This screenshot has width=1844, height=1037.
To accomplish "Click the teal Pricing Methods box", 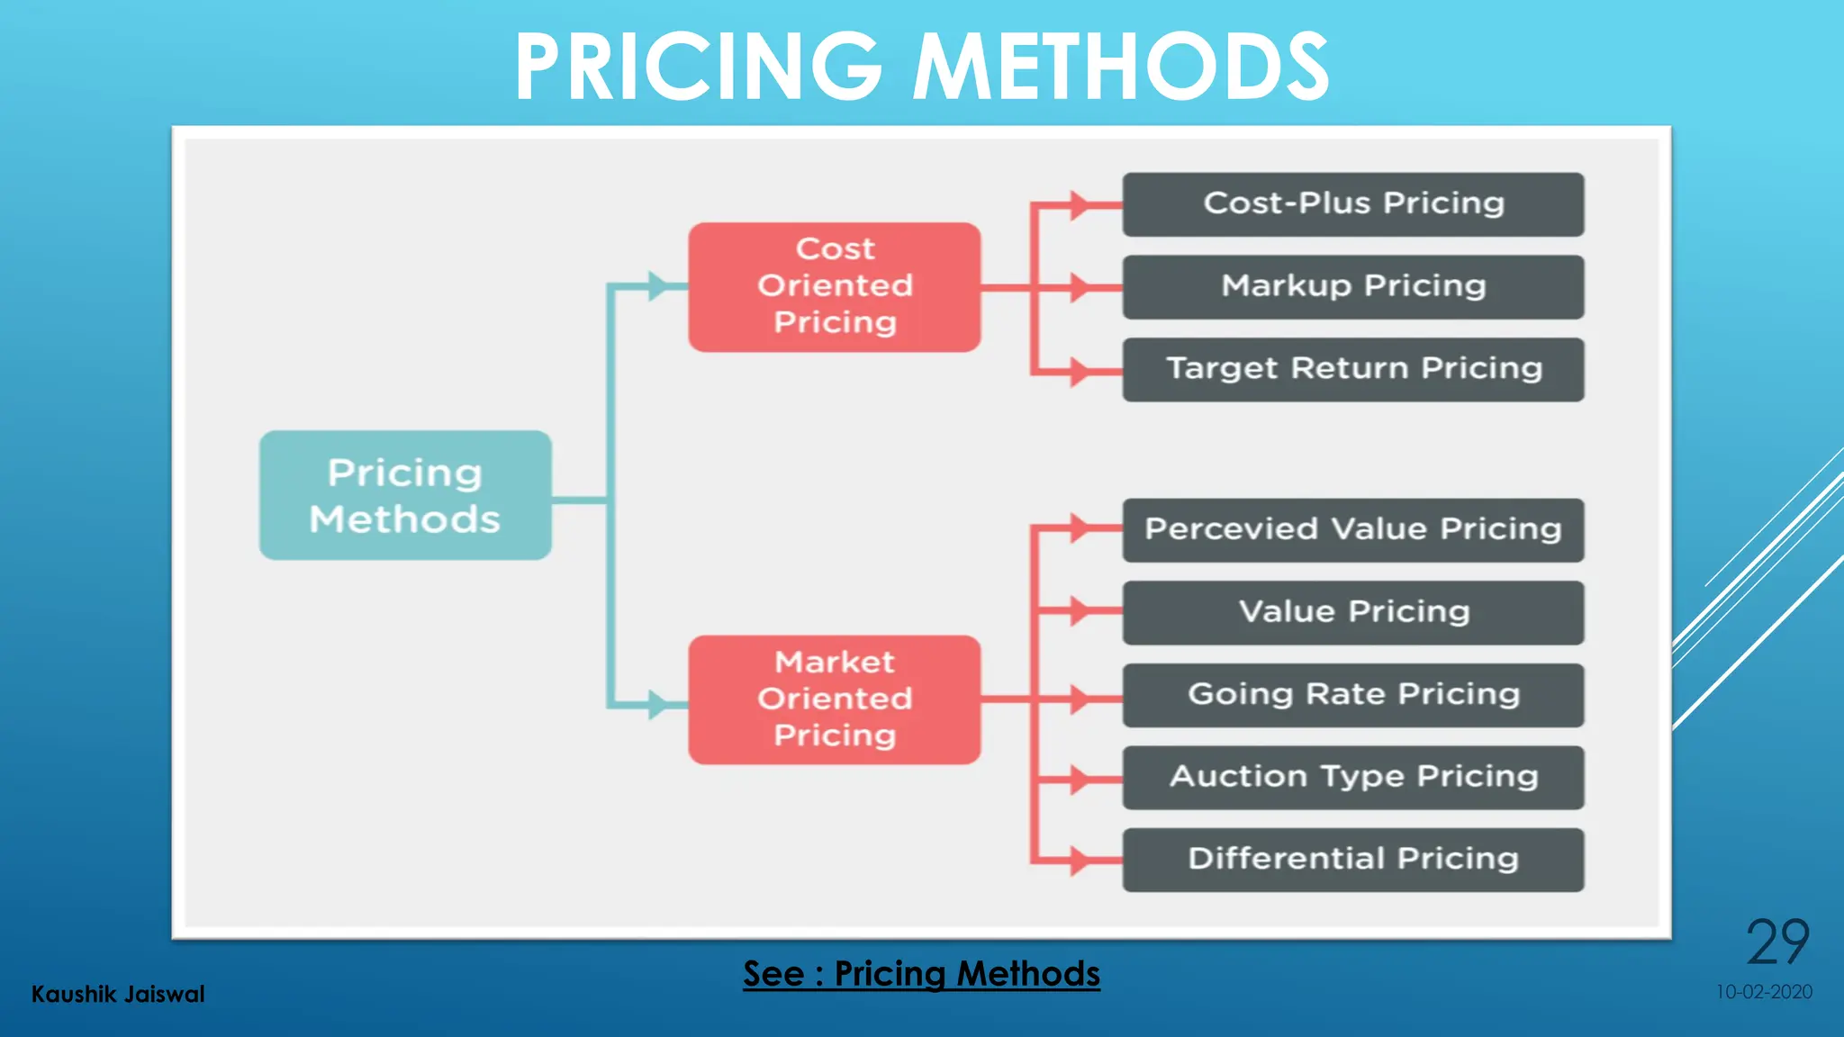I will tap(405, 495).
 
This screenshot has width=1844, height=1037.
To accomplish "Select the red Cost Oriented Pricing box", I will tap(835, 286).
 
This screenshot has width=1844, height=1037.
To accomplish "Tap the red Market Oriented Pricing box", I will tap(835, 699).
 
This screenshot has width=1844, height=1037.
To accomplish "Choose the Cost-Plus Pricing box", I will tap(1352, 204).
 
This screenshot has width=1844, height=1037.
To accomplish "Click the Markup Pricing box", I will tap(1352, 286).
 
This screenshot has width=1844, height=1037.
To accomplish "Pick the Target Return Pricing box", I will tap(1352, 369).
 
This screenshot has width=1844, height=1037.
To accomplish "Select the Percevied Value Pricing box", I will tap(1352, 529).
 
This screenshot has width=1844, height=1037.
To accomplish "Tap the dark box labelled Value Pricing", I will tap(1352, 612).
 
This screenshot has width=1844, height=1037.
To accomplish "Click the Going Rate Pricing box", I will tap(1352, 695).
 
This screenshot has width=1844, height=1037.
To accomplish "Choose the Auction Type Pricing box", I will tap(1352, 777).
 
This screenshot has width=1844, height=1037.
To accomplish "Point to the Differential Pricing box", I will tap(1352, 860).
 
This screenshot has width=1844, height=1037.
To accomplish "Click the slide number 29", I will tap(1777, 942).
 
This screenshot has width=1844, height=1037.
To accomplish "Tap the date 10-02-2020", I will tap(1763, 992).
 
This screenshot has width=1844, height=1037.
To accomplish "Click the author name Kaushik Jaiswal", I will tap(118, 994).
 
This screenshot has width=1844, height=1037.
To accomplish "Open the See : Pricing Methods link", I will tap(921, 974).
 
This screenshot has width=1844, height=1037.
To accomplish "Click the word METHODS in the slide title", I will tap(1121, 68).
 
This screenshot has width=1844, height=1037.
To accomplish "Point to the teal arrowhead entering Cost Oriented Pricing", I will tap(659, 286).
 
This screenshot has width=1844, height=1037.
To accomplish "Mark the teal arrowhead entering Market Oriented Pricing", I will tap(659, 703).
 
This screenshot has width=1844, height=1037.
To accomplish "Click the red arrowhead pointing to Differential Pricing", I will tap(1079, 861).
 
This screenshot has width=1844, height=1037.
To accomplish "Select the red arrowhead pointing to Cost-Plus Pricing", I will tap(1079, 205).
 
